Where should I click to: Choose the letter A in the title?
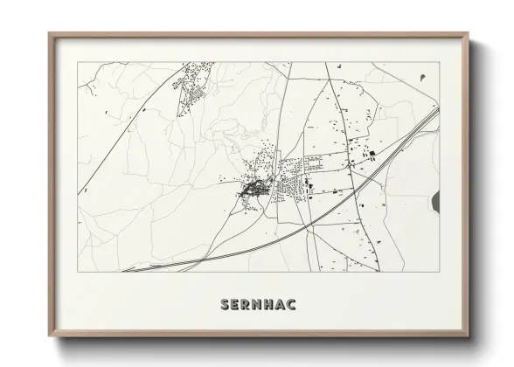[x=284, y=305]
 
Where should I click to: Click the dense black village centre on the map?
[x=254, y=186]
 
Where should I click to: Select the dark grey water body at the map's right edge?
[x=435, y=203]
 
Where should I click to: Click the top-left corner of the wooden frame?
[x=49, y=34]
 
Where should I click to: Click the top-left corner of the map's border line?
[x=78, y=62]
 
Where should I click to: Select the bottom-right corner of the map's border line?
[x=439, y=272]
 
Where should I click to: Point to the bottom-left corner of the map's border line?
[x=78, y=272]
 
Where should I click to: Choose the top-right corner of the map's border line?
[x=439, y=62]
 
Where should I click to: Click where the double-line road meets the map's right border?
[x=439, y=110]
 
